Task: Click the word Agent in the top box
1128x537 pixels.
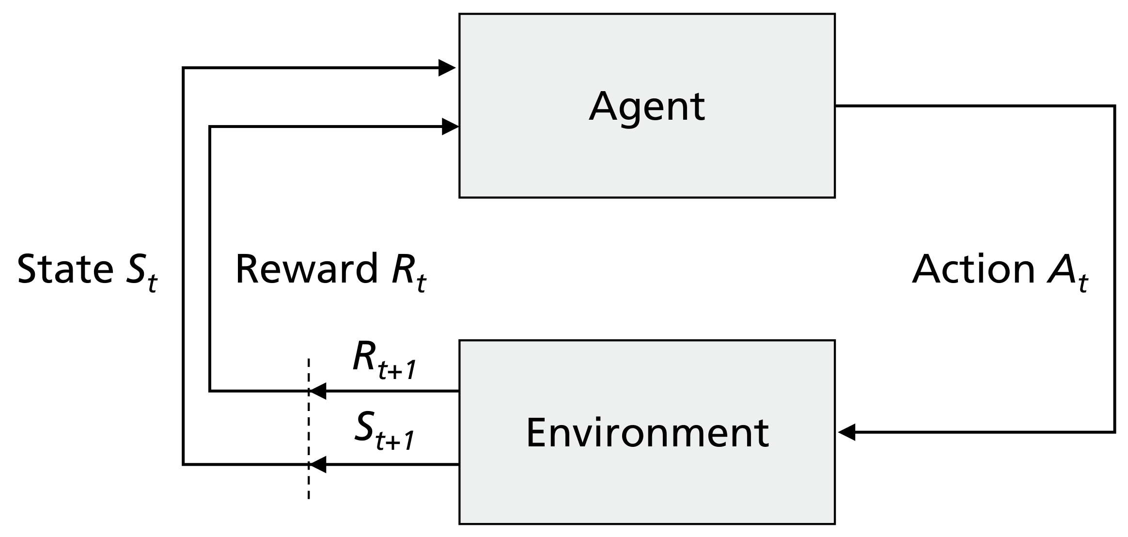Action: tap(646, 107)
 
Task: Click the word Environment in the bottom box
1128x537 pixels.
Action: tap(647, 432)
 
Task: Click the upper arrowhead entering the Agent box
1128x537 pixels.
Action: tap(447, 68)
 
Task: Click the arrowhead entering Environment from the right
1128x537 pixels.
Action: tap(847, 432)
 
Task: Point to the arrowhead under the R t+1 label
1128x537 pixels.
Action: tap(318, 391)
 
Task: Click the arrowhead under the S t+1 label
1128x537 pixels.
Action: tap(318, 465)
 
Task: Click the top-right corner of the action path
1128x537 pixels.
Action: tap(1114, 106)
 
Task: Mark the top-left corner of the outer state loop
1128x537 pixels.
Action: tap(183, 68)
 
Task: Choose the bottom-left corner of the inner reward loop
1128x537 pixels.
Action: tap(209, 391)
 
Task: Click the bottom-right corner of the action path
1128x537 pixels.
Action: tap(1114, 432)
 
